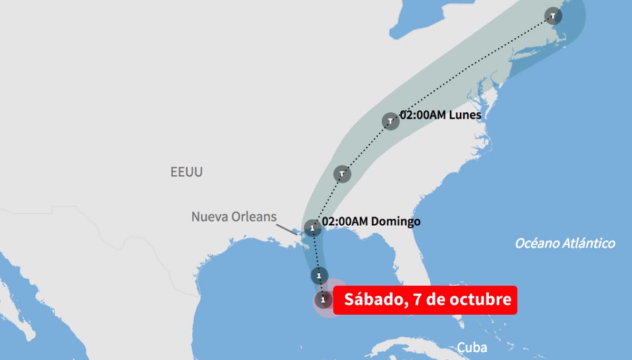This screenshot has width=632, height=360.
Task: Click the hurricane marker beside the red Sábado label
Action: click(x=323, y=300)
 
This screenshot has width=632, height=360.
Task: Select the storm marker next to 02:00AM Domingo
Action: click(x=313, y=228)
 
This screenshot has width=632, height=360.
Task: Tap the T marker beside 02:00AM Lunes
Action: click(x=390, y=121)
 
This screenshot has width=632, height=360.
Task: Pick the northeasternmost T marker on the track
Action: click(x=553, y=16)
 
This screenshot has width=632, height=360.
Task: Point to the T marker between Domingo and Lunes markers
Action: click(x=342, y=173)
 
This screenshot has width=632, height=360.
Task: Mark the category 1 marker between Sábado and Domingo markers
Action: click(x=319, y=275)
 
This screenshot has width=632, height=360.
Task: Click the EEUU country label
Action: click(x=186, y=172)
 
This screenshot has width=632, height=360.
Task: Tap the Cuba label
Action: click(x=471, y=347)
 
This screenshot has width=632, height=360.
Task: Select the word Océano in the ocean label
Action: click(x=536, y=243)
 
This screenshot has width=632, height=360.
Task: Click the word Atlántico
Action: click(x=588, y=243)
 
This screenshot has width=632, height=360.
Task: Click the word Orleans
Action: click(x=254, y=217)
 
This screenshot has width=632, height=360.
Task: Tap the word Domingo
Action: click(x=396, y=222)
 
